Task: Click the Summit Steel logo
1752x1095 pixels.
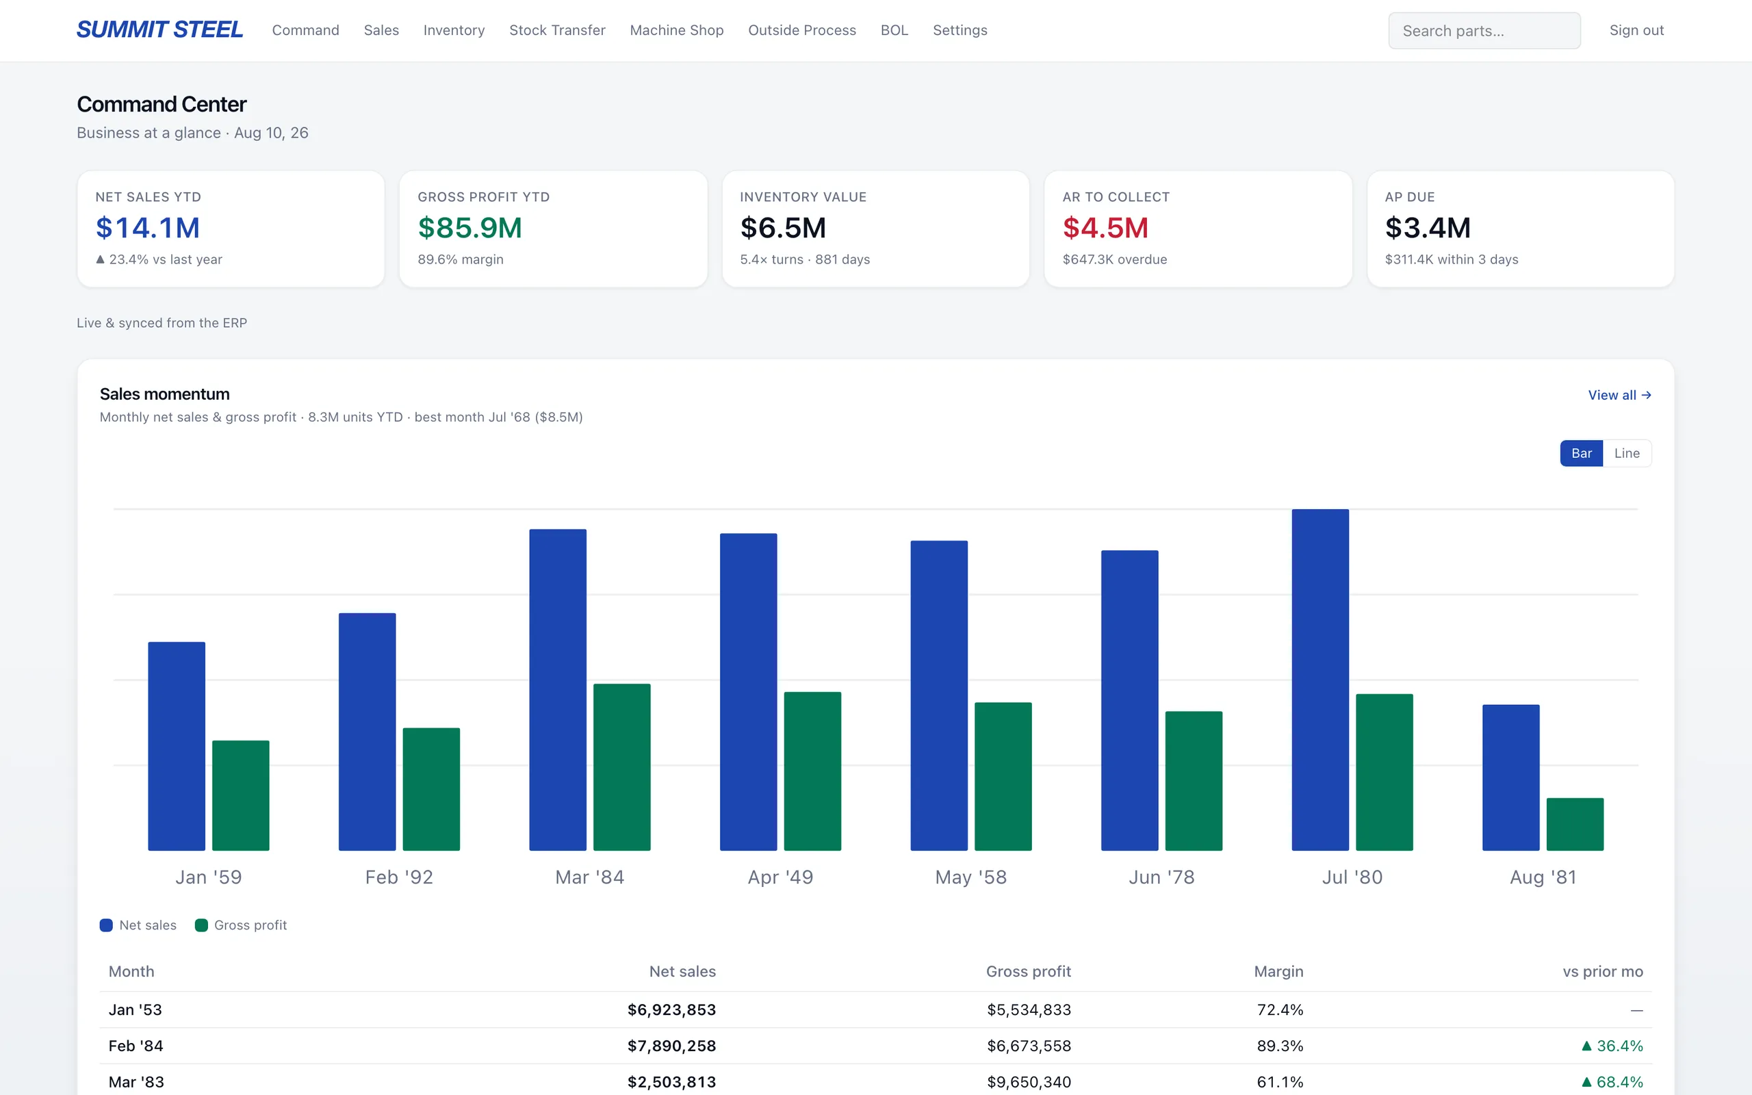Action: (159, 29)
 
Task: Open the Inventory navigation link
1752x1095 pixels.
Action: (454, 30)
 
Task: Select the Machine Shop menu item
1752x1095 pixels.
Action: (677, 30)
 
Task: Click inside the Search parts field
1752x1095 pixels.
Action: (1484, 30)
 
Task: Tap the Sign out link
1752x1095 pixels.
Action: (1636, 30)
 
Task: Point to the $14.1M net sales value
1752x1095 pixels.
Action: (148, 227)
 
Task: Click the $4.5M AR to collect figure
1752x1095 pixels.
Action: (1105, 227)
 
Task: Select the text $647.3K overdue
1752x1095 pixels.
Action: (1115, 259)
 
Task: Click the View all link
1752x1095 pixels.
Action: (1619, 395)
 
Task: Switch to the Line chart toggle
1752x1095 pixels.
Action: (1627, 453)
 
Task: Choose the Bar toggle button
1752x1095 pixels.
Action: (1581, 453)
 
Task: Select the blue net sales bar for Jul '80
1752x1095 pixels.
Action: (1319, 680)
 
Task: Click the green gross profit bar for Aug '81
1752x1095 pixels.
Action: (1575, 824)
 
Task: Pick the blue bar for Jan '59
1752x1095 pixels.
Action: (177, 746)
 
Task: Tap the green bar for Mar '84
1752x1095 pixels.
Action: (622, 767)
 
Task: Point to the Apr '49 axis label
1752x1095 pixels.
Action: (780, 877)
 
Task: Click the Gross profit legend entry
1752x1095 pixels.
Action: (241, 925)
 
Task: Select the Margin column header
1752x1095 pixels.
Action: (1278, 971)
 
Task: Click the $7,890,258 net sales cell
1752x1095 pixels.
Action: (672, 1046)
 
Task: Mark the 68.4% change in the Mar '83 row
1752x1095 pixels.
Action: (1612, 1082)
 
